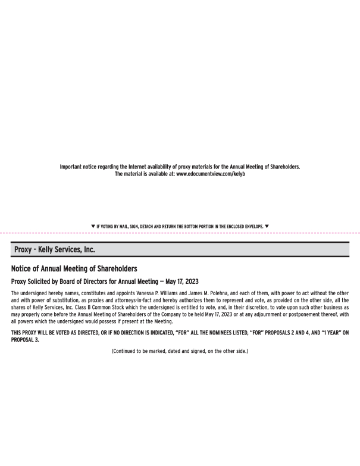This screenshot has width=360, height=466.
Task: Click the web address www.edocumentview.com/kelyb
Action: (211, 173)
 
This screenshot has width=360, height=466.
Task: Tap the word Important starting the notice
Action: (73, 166)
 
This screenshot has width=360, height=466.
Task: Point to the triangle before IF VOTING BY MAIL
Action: (93, 226)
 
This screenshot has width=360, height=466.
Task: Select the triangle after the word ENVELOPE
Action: (267, 226)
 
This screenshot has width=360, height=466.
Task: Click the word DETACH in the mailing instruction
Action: (148, 226)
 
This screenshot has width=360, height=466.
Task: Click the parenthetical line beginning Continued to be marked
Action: (180, 351)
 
